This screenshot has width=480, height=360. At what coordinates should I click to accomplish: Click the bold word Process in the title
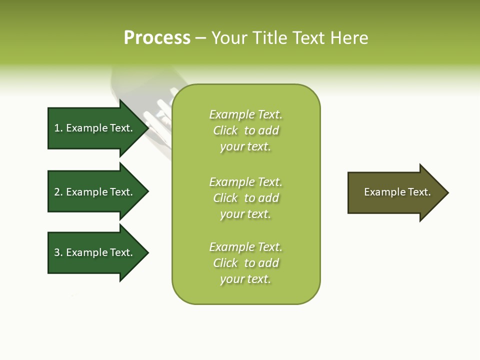(x=157, y=38)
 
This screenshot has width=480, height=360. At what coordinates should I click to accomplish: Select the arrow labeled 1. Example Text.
(x=93, y=128)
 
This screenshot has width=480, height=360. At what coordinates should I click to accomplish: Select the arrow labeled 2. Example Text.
(x=93, y=192)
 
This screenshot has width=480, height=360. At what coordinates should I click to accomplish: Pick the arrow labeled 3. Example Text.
(x=93, y=252)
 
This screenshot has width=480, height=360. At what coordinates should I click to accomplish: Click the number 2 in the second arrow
(x=57, y=192)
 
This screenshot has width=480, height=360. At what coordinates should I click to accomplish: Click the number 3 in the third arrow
(x=57, y=252)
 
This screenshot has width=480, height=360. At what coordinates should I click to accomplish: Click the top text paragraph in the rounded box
(x=245, y=130)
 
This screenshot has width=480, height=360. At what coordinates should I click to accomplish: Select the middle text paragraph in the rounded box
(x=245, y=198)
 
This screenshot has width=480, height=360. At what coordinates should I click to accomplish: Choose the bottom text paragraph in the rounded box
(x=245, y=263)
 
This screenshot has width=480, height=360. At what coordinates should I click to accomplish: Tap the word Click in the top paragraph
(x=225, y=130)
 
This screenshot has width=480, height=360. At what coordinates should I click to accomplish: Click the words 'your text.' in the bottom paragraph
(x=245, y=279)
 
